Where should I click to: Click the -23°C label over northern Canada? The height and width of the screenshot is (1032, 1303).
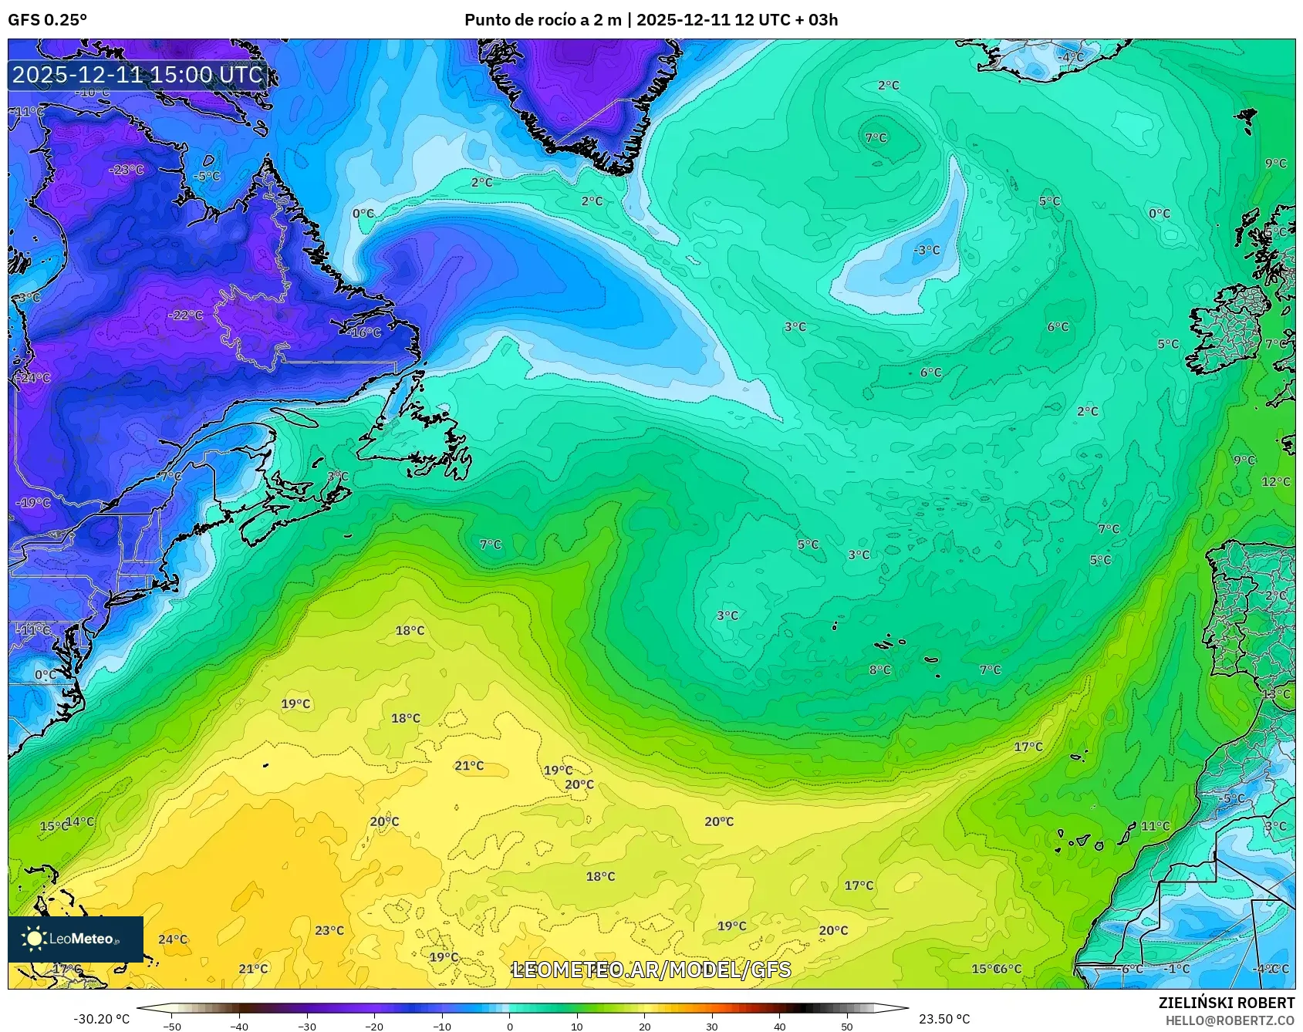click(x=127, y=170)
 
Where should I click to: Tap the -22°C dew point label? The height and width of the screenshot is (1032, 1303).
click(x=186, y=315)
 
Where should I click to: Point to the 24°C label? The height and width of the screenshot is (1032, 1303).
click(x=173, y=939)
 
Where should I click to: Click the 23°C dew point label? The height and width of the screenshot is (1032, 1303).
click(x=329, y=930)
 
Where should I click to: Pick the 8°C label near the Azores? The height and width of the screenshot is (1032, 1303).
click(x=879, y=669)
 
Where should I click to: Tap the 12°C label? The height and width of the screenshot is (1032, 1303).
click(x=1275, y=481)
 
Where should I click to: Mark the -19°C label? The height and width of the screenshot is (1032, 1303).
click(x=33, y=503)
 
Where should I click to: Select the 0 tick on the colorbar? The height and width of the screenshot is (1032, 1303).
click(x=510, y=1026)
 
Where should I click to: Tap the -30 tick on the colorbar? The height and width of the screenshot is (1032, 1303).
click(x=307, y=1026)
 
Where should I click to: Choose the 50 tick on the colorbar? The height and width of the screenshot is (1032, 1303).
click(x=847, y=1026)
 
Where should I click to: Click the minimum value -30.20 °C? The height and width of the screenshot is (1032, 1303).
click(x=101, y=1019)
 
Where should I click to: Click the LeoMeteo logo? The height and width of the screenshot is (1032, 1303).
click(x=76, y=939)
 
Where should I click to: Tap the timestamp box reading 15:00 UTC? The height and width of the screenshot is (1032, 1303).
click(x=138, y=75)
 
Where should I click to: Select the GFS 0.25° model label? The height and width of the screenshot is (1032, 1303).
click(x=47, y=20)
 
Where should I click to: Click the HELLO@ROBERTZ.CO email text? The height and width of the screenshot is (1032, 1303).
click(x=1230, y=1020)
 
